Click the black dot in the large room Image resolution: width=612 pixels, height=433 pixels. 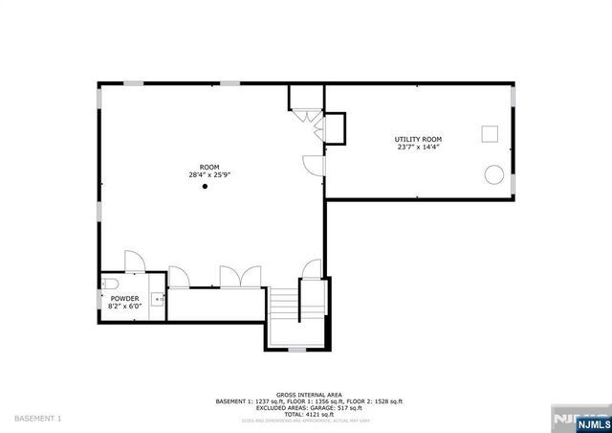point(205,188)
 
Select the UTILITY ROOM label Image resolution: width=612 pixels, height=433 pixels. point(419,139)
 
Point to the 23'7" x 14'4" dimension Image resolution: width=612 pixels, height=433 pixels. point(419,147)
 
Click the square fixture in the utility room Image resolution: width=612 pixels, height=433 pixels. point(490,133)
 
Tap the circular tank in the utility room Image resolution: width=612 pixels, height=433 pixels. point(495,174)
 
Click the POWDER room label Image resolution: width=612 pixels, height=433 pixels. point(125,299)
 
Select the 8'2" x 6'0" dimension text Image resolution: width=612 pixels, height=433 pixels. point(125,307)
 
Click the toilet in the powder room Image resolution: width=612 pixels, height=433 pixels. point(109,284)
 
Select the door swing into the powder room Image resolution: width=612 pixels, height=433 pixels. point(133,262)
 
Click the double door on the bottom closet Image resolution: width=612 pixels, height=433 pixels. point(234,276)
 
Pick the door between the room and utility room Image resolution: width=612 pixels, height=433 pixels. point(314,165)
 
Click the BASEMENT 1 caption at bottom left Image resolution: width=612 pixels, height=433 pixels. point(38,419)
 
